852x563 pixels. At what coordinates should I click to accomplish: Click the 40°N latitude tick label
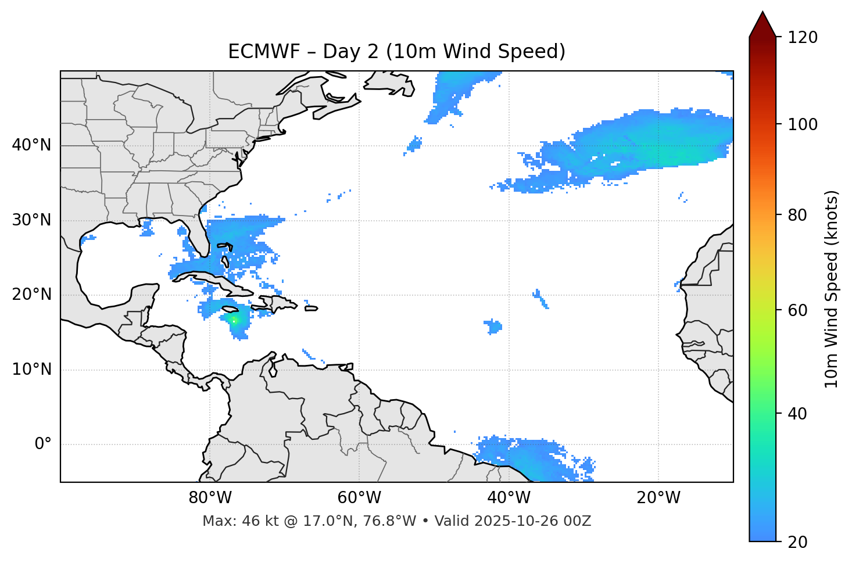(x=31, y=145)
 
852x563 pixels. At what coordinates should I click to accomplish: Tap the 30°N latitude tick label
(x=31, y=220)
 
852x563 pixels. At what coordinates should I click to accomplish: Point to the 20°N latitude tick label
(x=31, y=295)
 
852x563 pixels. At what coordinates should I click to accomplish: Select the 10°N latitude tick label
(x=31, y=370)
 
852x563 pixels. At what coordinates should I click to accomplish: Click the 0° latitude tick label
(x=43, y=444)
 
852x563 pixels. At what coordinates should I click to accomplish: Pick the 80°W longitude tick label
(x=210, y=498)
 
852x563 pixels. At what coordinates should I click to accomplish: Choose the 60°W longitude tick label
(x=359, y=498)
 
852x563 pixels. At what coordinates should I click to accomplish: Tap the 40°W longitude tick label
(x=509, y=498)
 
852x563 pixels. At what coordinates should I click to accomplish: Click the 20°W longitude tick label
(x=658, y=498)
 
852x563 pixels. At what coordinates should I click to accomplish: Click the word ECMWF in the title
(x=253, y=52)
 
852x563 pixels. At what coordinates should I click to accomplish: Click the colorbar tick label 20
(x=797, y=542)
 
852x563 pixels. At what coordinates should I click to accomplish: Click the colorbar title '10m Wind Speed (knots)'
(x=832, y=289)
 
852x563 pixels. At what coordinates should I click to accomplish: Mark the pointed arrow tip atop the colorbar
(x=762, y=13)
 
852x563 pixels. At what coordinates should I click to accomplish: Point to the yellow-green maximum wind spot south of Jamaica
(x=234, y=320)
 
